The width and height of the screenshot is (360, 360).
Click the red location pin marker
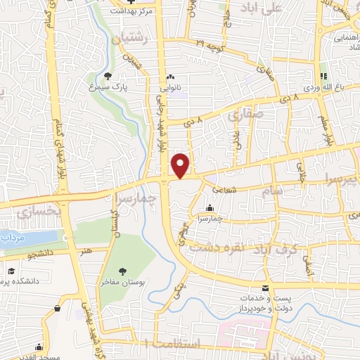(x=181, y=165)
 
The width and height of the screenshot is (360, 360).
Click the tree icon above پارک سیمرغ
(x=107, y=77)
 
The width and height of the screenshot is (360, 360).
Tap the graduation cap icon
(x=11, y=271)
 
